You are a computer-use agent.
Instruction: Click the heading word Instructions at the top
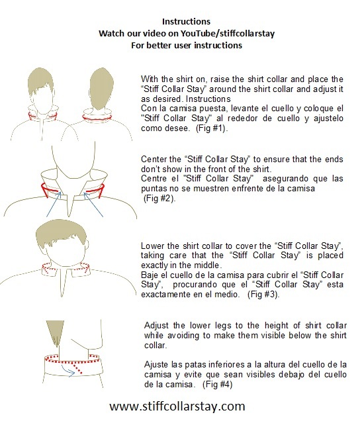[192, 21]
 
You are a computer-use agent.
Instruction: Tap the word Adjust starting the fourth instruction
[157, 326]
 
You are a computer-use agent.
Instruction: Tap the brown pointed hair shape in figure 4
[54, 336]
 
